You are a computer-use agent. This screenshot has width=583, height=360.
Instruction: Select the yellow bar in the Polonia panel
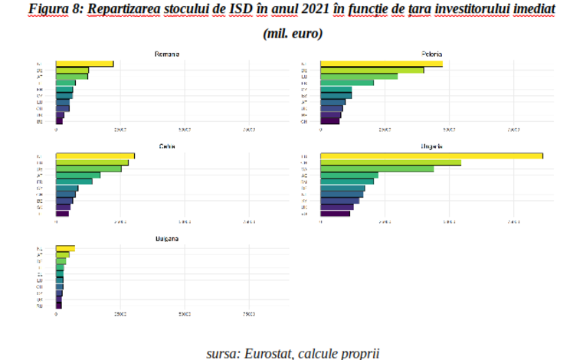381,64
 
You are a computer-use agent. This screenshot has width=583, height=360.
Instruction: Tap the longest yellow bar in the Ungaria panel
431,156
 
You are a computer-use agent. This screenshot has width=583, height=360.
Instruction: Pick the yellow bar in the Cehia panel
95,156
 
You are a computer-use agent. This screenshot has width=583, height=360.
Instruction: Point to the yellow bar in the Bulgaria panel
65,248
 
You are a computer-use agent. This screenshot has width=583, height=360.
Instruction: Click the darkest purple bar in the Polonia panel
329,121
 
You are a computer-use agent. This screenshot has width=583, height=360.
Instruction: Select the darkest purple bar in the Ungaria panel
335,214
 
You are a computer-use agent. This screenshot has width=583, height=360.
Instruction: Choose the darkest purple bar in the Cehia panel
62,214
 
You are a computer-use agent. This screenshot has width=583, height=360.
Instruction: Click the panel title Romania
167,54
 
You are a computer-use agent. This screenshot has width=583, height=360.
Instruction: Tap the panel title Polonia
432,54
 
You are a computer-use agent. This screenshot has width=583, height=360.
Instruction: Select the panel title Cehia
167,146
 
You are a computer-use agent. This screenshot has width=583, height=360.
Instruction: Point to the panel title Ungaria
432,146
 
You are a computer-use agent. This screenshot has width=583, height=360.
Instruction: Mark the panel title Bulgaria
167,238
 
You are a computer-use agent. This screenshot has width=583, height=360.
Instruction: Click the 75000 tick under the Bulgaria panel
249,314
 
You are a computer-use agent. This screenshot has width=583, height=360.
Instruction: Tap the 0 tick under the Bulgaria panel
56,314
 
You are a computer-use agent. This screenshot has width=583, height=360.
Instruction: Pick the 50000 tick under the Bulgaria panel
185,314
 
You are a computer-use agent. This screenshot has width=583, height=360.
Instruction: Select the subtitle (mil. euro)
292,34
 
